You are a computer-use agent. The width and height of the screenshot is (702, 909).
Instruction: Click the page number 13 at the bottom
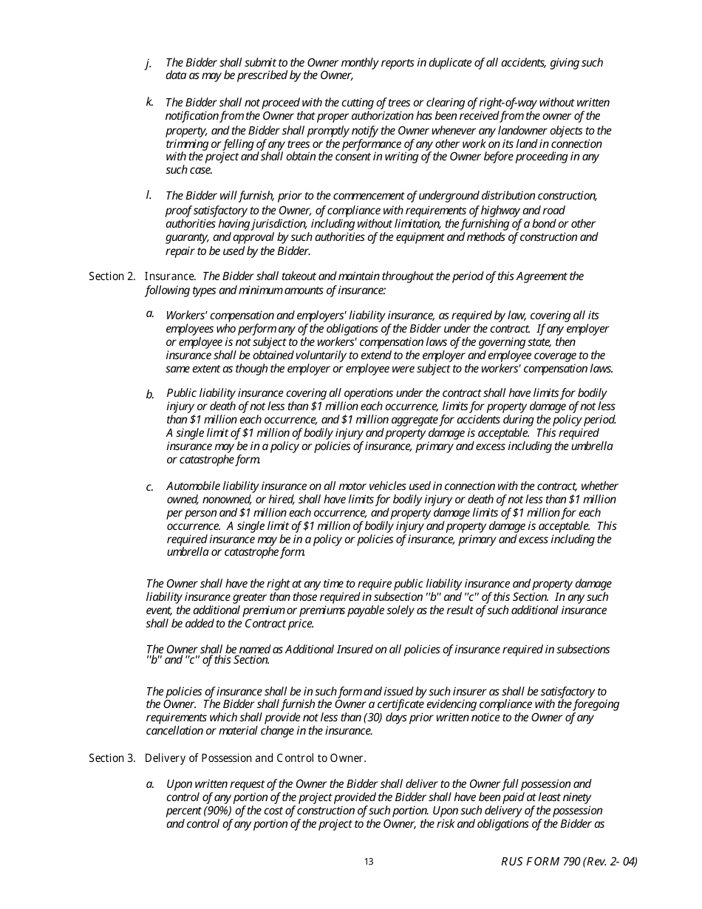369,862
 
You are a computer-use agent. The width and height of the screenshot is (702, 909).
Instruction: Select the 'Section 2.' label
112,276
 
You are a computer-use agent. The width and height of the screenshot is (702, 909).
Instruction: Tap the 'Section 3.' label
112,758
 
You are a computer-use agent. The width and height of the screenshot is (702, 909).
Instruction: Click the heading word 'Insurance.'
170,276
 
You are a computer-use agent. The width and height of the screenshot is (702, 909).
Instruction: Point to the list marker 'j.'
149,64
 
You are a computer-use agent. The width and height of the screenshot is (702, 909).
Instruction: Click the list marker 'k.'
149,102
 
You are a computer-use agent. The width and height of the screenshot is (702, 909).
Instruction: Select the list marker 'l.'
149,195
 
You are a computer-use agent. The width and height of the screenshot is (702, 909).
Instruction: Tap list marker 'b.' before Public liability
150,395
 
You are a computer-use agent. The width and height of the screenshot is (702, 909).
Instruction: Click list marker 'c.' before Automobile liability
149,488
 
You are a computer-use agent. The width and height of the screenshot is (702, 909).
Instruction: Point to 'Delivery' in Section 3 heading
163,758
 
